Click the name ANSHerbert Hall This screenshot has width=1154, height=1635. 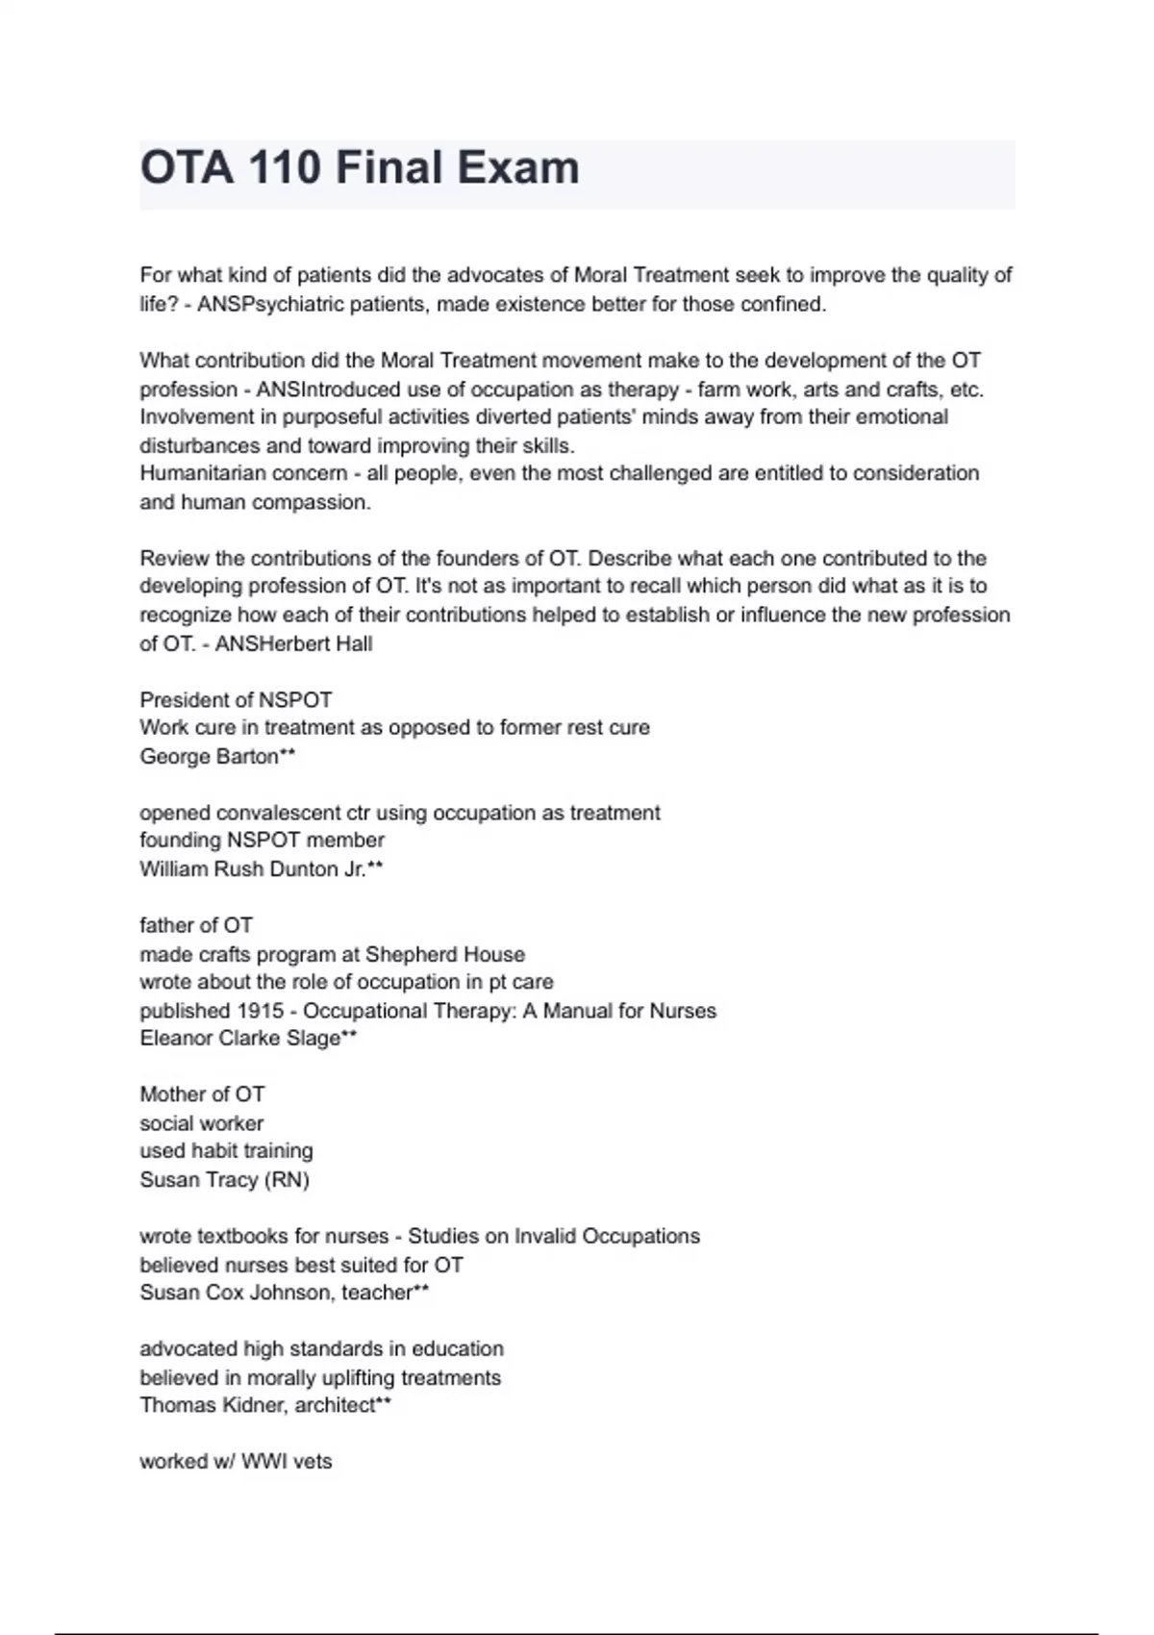tap(293, 643)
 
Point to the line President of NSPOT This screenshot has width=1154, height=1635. tap(236, 699)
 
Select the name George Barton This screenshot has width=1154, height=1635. tap(210, 756)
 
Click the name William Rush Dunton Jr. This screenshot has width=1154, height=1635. tap(253, 868)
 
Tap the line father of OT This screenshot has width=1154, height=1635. tap(196, 925)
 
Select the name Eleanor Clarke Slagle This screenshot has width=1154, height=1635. tap(240, 1038)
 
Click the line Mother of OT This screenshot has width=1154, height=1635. tap(202, 1094)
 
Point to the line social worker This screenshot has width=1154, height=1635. tap(201, 1122)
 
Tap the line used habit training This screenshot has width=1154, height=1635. tap(226, 1150)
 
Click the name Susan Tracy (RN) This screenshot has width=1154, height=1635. tap(224, 1179)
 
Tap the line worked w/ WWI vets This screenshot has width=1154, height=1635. tap(236, 1461)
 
